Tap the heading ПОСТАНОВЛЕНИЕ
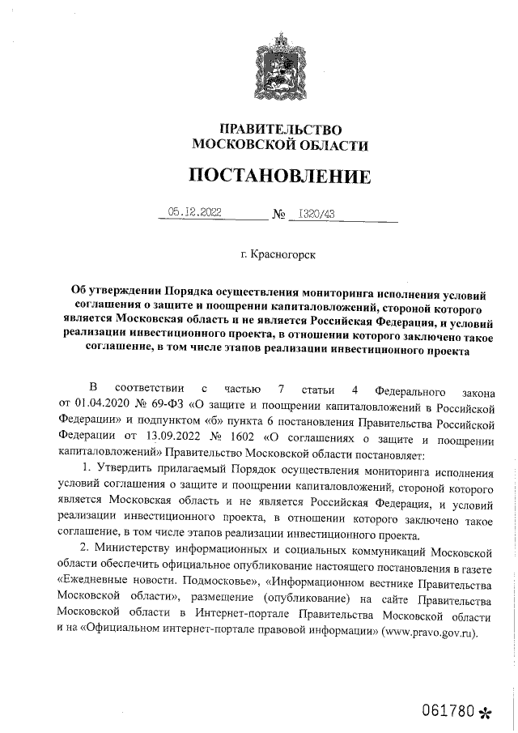point(281,176)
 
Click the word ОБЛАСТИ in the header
point(328,145)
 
